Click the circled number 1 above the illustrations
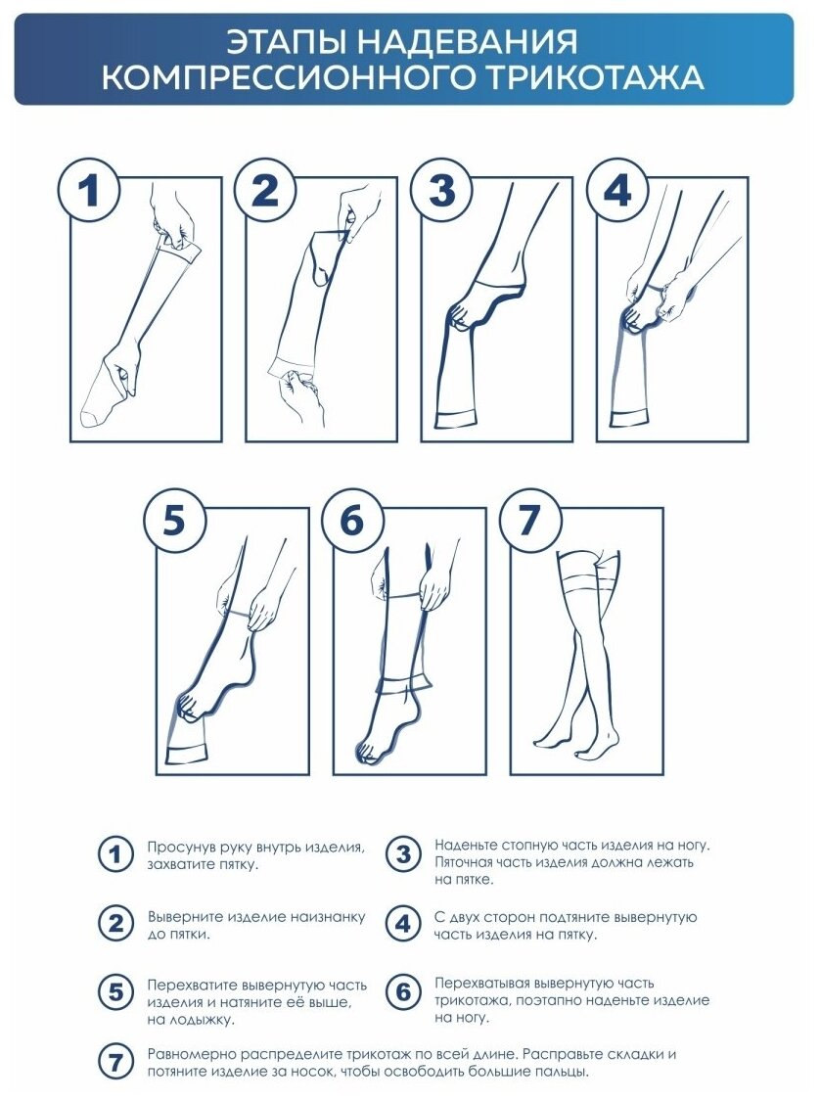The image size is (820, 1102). (x=88, y=190)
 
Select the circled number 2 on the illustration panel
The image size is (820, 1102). (x=265, y=190)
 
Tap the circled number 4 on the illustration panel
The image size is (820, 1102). (x=617, y=190)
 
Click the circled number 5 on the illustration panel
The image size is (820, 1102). (x=174, y=521)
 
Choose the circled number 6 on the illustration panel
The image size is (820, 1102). (x=352, y=521)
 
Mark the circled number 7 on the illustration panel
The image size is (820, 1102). (x=529, y=521)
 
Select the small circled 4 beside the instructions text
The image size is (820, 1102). (x=403, y=924)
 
